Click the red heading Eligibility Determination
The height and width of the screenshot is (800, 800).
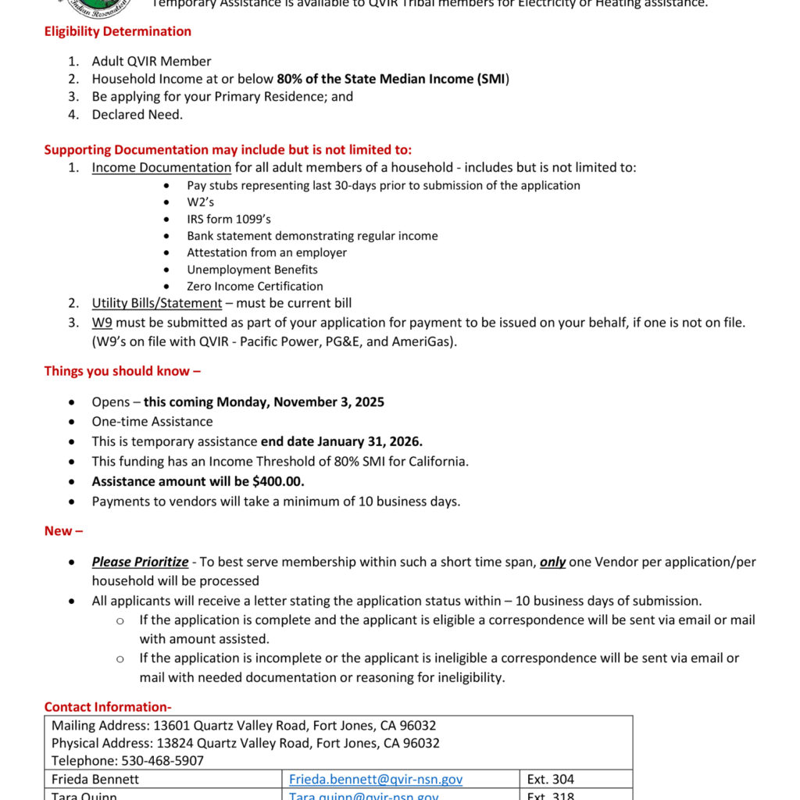pos(117,31)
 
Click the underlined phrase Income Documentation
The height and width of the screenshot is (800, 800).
pos(161,167)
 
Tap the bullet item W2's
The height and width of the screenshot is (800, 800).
pos(200,202)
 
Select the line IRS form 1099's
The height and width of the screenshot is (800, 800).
pos(229,219)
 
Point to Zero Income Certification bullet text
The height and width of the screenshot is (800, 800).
pos(255,286)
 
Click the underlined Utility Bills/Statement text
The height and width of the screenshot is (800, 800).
pos(156,303)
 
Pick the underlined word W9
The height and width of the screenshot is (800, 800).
pos(102,322)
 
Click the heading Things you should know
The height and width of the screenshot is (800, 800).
pos(122,371)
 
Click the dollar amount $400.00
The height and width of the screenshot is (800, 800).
pos(278,481)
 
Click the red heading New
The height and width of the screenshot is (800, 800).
pos(62,531)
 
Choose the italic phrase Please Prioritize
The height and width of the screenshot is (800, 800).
pos(140,562)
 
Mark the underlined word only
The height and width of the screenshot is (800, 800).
pos(552,562)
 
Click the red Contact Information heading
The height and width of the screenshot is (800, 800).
pos(108,707)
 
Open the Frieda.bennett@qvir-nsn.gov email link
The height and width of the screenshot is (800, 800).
pos(376,779)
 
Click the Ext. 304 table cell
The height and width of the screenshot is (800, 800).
pos(551,779)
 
